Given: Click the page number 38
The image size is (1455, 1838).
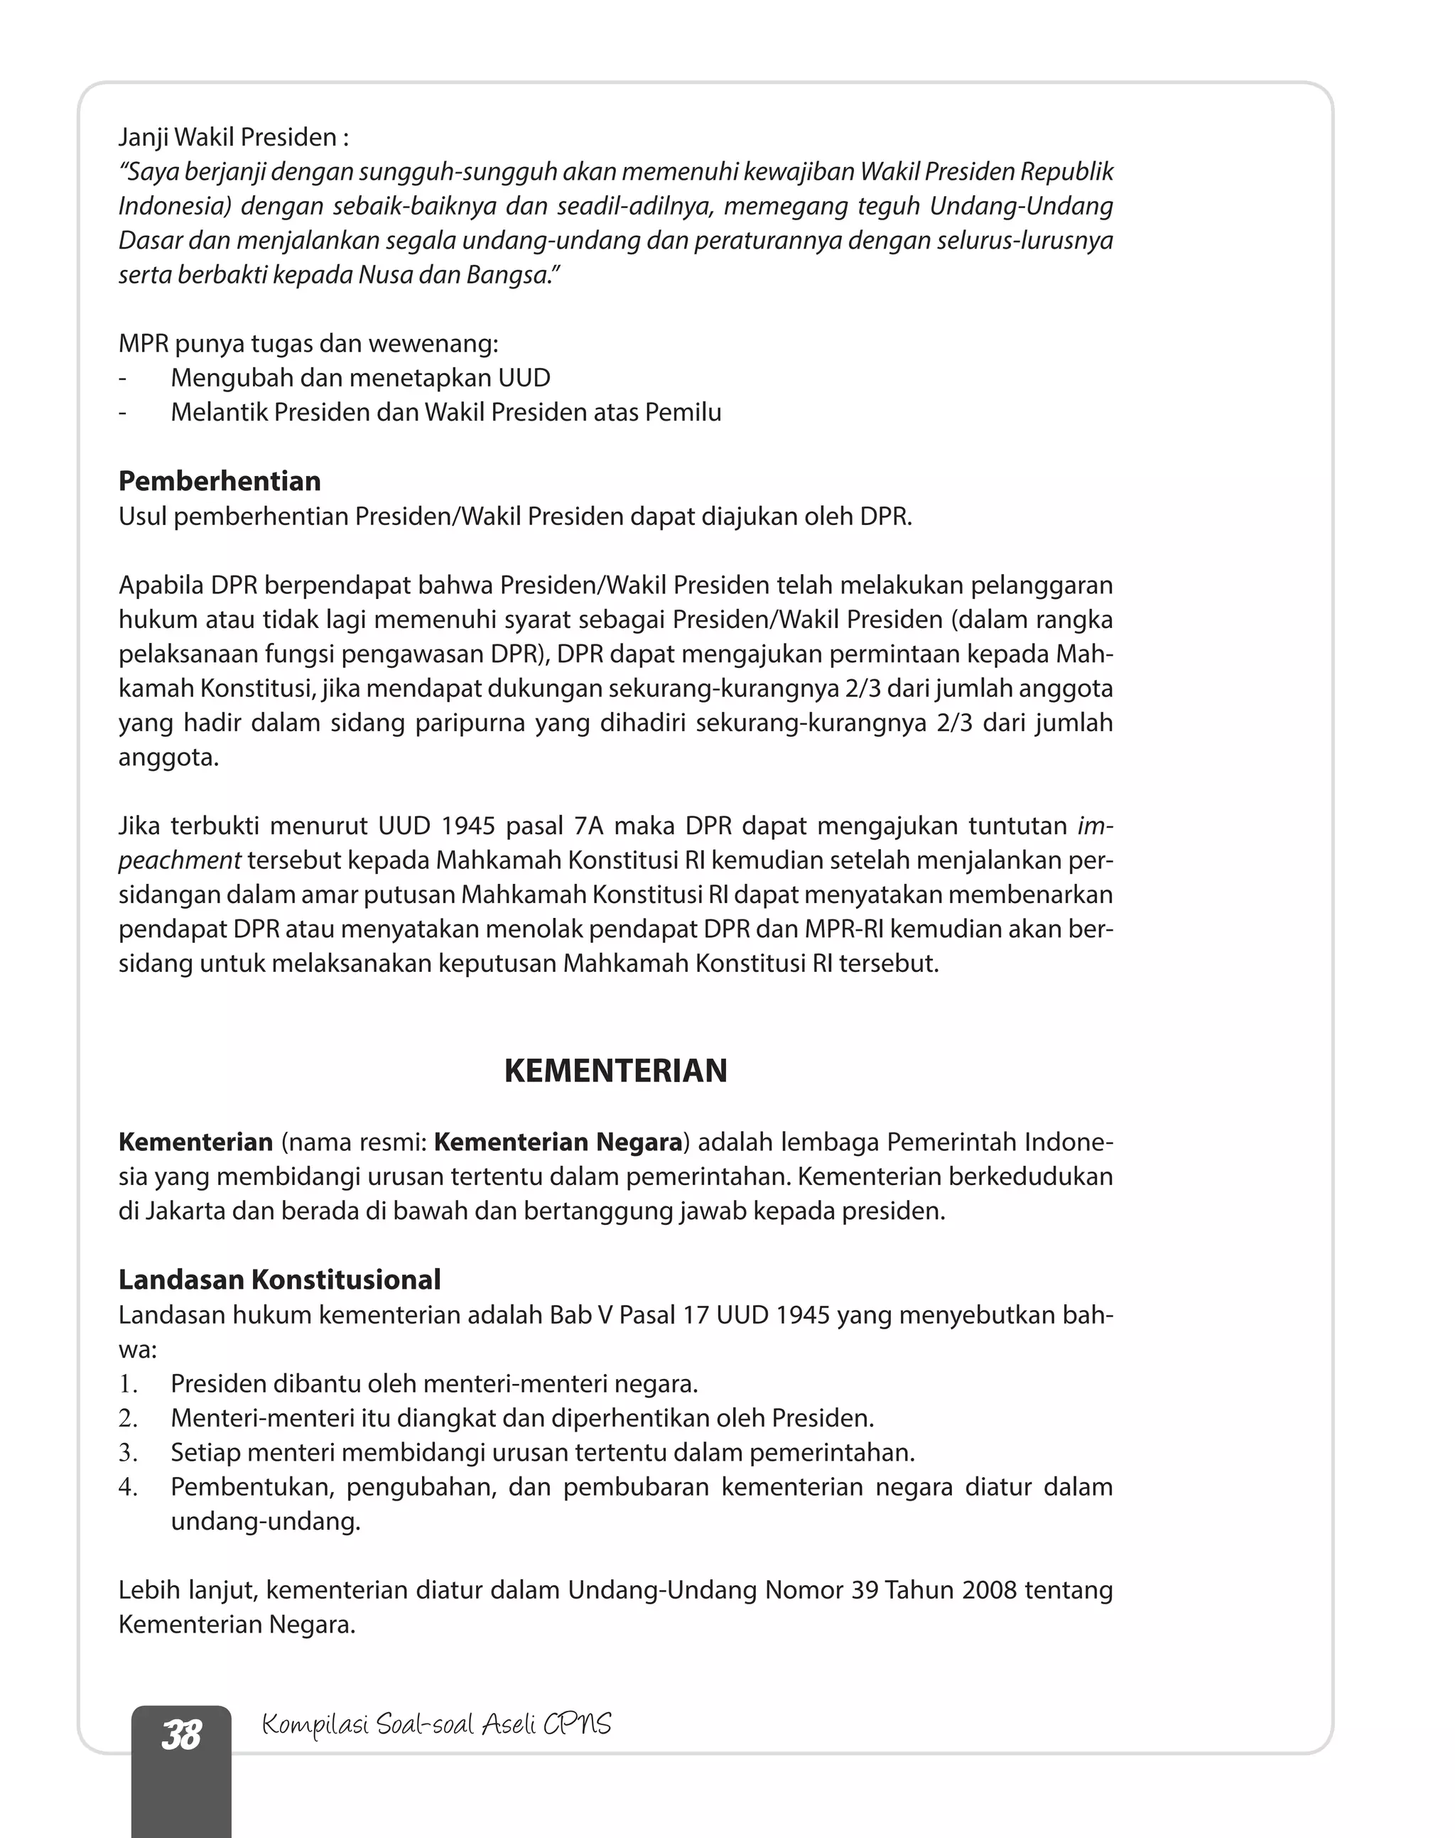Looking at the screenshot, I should pos(181,1735).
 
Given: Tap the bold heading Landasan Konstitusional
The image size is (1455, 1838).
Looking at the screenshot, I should pos(279,1280).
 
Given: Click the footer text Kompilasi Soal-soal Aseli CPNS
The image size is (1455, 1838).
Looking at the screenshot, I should pos(436,1725).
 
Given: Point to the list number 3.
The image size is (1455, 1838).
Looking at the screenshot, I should pos(128,1453).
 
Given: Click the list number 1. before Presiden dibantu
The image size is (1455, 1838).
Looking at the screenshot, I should pos(128,1384).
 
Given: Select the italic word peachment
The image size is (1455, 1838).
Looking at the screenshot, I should pos(179,861).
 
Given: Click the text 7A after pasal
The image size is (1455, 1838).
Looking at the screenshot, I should pos(589,826).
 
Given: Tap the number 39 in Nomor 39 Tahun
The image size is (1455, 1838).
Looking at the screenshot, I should pos(864,1590).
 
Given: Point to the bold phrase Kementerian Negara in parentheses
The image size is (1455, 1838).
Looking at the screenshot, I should pos(558,1142).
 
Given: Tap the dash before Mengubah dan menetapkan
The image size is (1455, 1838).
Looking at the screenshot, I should pos(123,378).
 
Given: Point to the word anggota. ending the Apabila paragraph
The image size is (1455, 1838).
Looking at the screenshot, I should pos(168,757).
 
